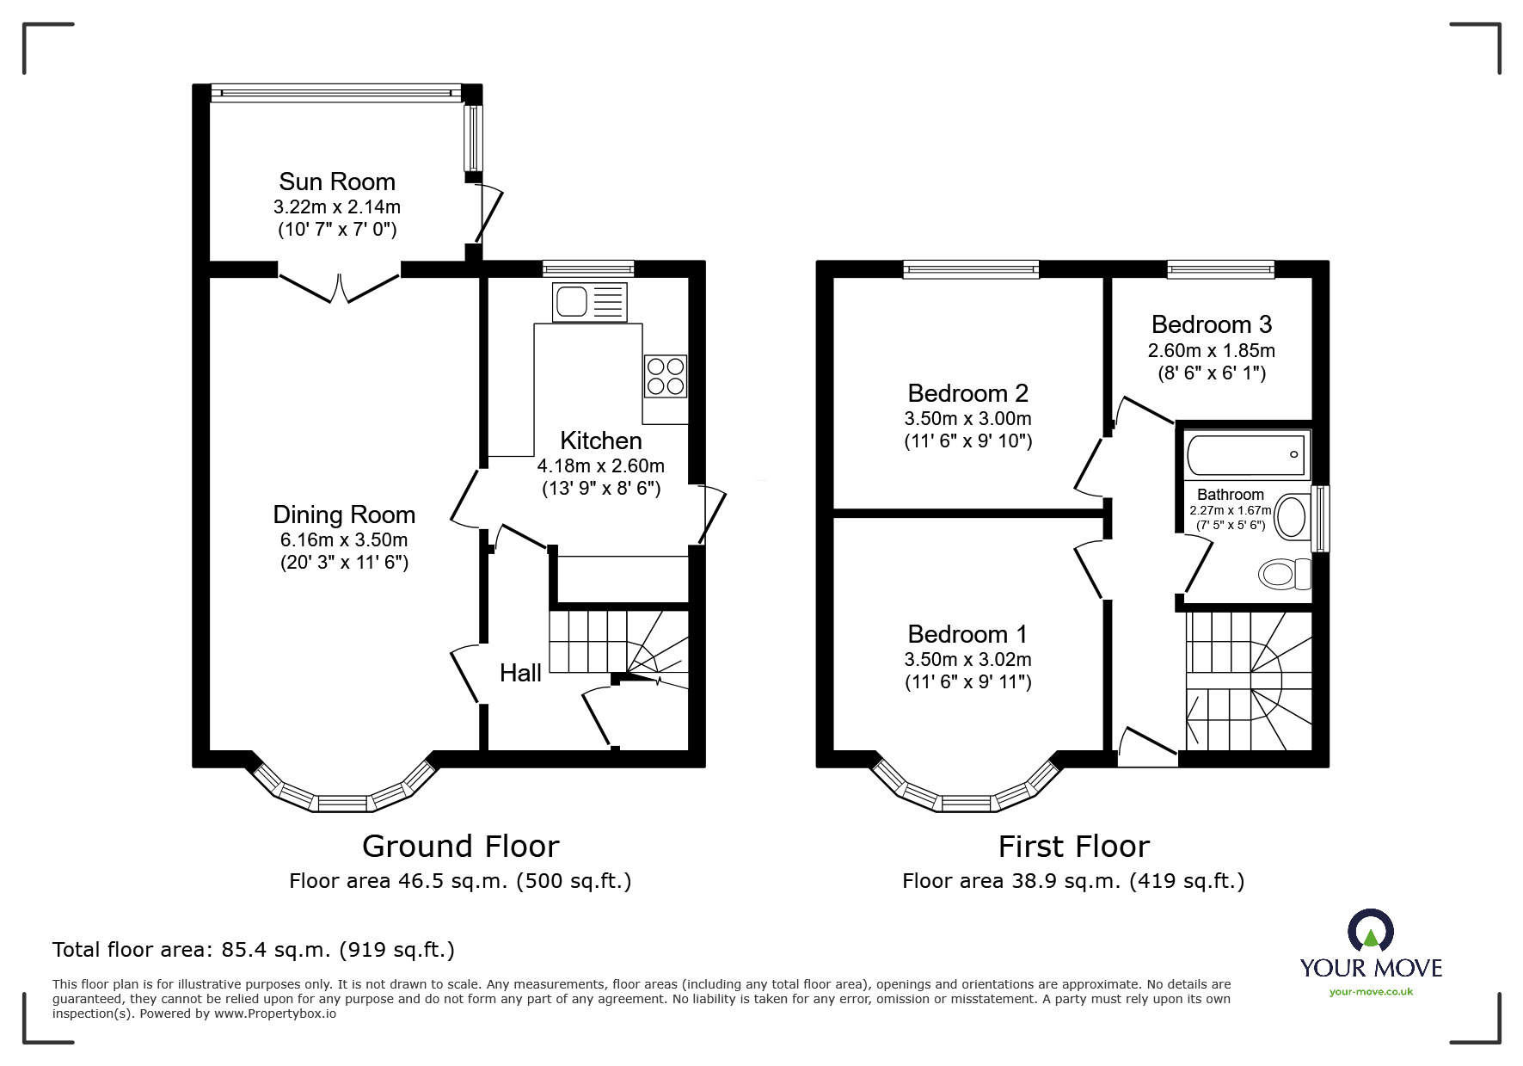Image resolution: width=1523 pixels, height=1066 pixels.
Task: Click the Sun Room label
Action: point(337,182)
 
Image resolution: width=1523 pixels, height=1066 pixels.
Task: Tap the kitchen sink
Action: point(590,302)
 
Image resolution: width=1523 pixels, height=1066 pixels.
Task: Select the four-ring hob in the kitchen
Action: point(666,376)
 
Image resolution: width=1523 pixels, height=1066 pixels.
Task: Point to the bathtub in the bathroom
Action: point(1247,455)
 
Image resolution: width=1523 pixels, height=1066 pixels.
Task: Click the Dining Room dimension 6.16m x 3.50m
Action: point(344,540)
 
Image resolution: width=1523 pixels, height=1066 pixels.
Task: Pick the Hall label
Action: point(520,673)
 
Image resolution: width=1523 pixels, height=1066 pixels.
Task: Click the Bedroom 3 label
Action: point(1211,324)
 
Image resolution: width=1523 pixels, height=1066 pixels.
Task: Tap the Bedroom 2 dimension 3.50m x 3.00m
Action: point(967,419)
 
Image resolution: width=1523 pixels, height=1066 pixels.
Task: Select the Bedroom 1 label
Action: point(967,634)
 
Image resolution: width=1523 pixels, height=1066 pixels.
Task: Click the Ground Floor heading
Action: point(461,847)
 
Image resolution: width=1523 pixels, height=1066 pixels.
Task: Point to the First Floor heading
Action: point(1073,847)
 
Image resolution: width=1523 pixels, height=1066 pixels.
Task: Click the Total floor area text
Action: point(254,950)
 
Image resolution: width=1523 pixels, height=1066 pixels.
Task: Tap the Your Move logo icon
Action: point(1370,931)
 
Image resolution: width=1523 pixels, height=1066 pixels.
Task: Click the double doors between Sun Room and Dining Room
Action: point(339,287)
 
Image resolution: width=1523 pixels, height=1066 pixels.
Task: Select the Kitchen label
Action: point(601,441)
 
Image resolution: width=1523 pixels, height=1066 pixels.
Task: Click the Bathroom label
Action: point(1231,495)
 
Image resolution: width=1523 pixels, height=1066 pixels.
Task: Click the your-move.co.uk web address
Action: point(1371,991)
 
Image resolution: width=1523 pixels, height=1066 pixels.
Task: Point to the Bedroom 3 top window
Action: point(1220,270)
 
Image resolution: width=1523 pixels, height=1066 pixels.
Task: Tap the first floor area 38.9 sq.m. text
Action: point(1073,881)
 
